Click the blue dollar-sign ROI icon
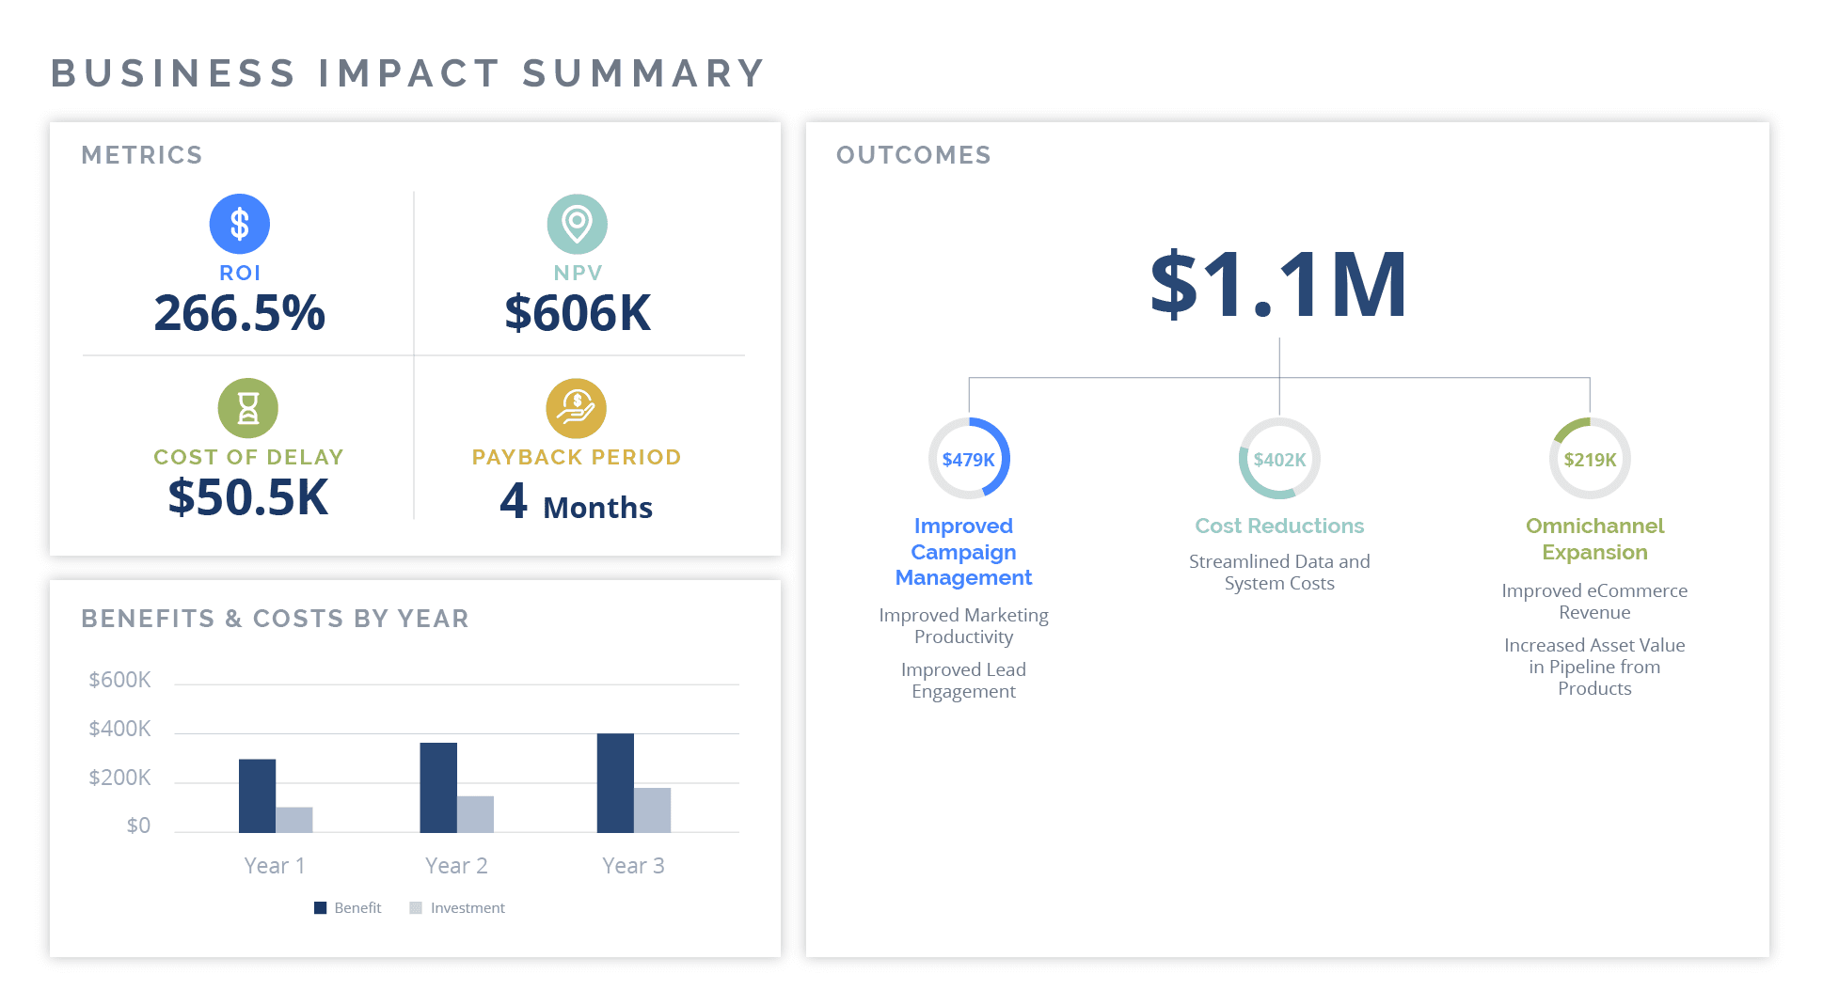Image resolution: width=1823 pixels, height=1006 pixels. [239, 224]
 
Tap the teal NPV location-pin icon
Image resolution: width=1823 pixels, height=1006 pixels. [577, 224]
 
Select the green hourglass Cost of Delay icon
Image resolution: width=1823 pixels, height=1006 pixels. [247, 408]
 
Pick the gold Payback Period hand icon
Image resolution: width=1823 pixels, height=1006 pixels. [576, 408]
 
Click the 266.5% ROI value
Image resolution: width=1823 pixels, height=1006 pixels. [239, 313]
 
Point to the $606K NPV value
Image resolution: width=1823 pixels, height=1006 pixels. [578, 313]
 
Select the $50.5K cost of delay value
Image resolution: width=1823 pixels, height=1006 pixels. [248, 497]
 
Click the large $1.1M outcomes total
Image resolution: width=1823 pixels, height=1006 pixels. [1278, 284]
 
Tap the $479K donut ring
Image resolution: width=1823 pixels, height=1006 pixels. [968, 459]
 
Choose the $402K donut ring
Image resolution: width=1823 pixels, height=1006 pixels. [1279, 459]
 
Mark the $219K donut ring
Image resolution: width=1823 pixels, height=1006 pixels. [1590, 459]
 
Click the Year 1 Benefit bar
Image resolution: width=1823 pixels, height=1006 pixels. [257, 795]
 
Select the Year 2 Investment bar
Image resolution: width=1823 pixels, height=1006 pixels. [475, 814]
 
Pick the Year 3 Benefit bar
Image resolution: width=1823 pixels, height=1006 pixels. [615, 782]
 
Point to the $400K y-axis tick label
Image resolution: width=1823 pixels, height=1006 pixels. [119, 729]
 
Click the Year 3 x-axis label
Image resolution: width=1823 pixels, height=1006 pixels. [633, 866]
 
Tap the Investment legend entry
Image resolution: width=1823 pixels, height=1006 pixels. [458, 908]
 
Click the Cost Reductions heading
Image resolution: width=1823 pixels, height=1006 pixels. [1279, 526]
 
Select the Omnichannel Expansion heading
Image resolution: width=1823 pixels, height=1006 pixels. [1594, 539]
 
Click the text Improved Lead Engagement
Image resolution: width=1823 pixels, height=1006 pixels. [963, 681]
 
